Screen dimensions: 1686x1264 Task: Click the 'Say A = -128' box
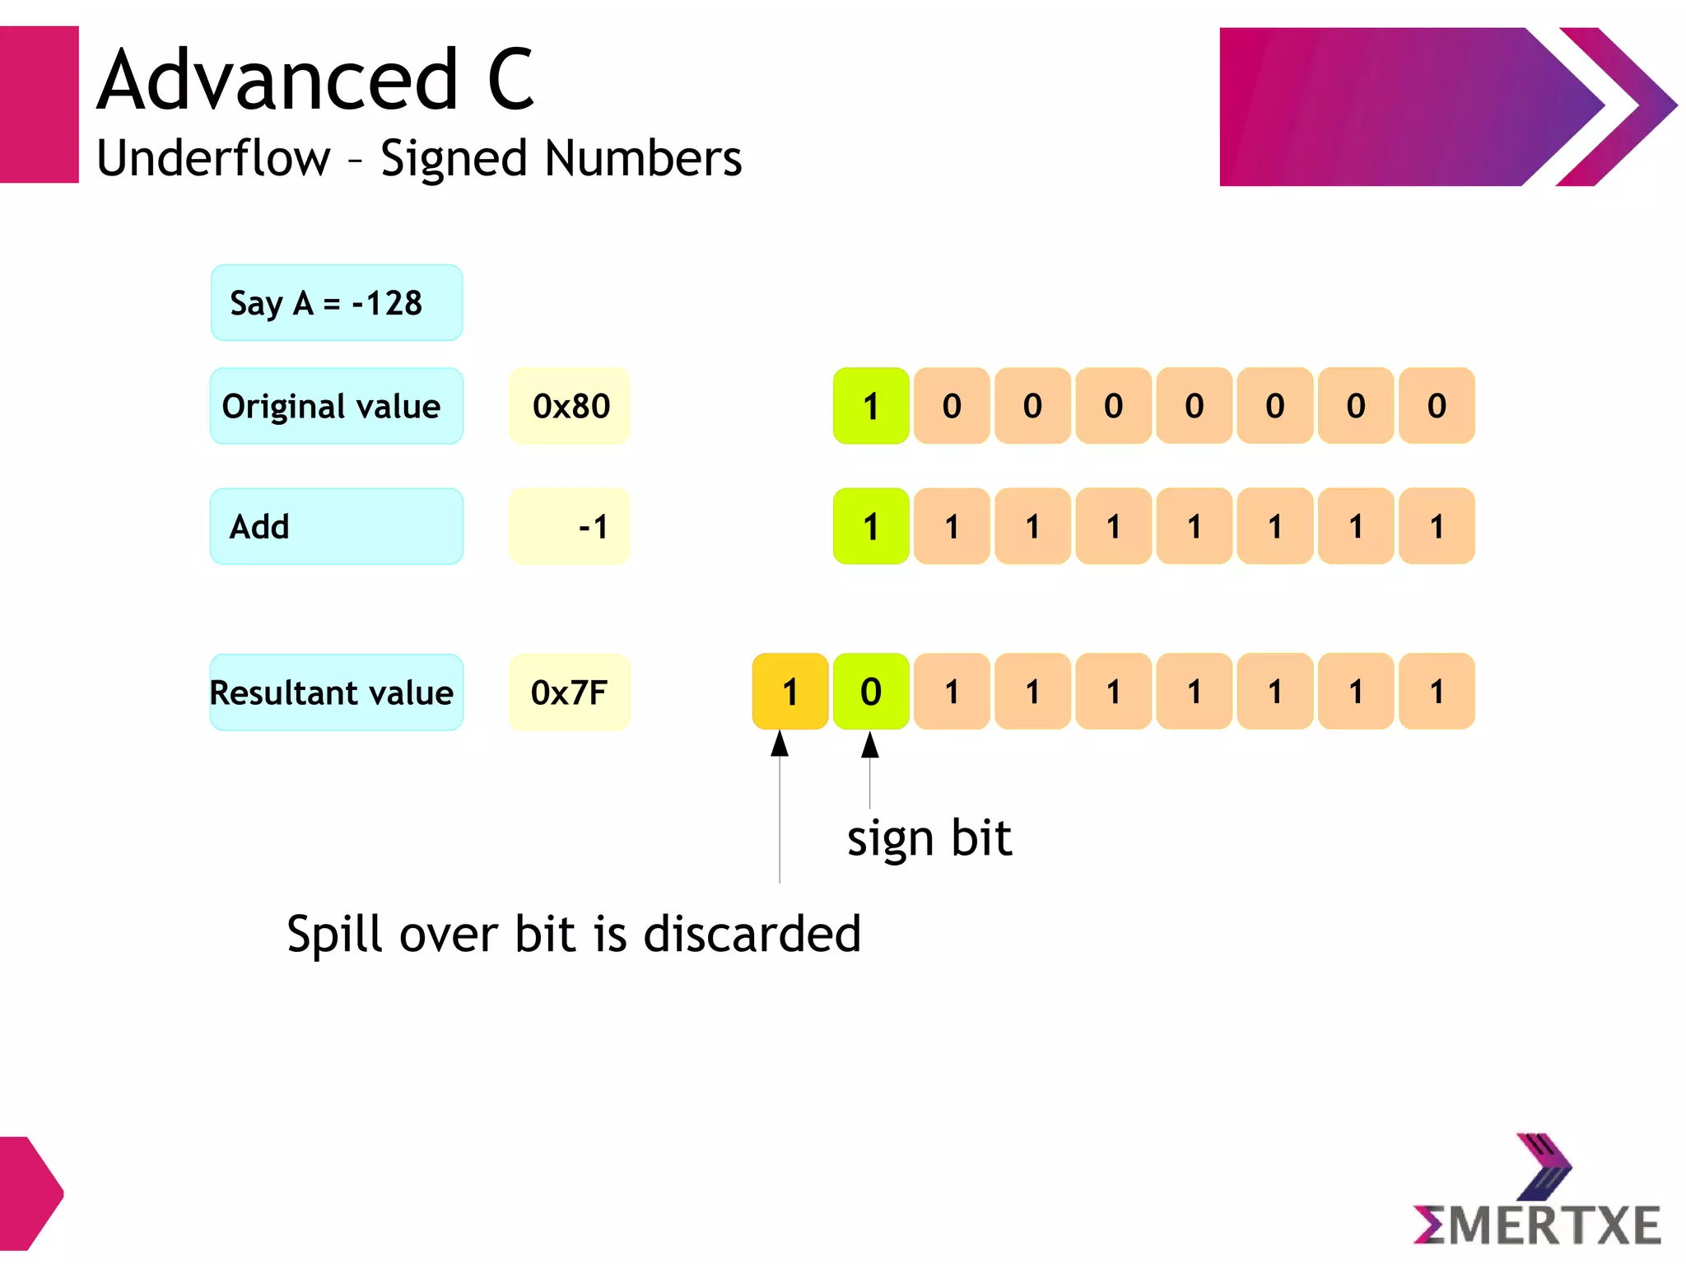pyautogui.click(x=336, y=302)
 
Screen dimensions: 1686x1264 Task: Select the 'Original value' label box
pyautogui.click(x=336, y=406)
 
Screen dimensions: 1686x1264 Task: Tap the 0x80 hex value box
pyautogui.click(x=570, y=406)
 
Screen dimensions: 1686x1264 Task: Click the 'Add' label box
pyautogui.click(x=336, y=526)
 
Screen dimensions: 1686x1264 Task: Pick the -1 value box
pyautogui.click(x=570, y=526)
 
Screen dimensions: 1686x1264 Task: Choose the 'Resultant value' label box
pyautogui.click(x=336, y=692)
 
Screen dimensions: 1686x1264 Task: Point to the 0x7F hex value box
pyautogui.click(x=570, y=692)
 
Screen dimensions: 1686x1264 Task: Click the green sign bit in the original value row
pyautogui.click(x=871, y=406)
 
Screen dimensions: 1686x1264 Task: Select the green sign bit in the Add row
pyautogui.click(x=871, y=526)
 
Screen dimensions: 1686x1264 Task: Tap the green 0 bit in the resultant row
pyautogui.click(x=871, y=692)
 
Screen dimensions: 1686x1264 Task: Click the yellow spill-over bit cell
pyautogui.click(x=790, y=692)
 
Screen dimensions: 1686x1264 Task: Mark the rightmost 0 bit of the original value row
pyautogui.click(x=1437, y=406)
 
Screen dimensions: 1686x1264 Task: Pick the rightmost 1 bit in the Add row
pyautogui.click(x=1437, y=526)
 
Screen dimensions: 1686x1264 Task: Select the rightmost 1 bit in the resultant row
pyautogui.click(x=1437, y=692)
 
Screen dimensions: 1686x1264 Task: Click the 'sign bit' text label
pyautogui.click(x=929, y=838)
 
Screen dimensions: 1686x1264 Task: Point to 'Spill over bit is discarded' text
pyautogui.click(x=574, y=934)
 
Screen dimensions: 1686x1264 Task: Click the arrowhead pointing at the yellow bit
pyautogui.click(x=780, y=744)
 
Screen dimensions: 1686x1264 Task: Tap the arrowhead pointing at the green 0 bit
pyautogui.click(x=870, y=744)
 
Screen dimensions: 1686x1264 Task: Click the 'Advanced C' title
pyautogui.click(x=316, y=80)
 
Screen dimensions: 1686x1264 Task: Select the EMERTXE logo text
pyautogui.click(x=1538, y=1224)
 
